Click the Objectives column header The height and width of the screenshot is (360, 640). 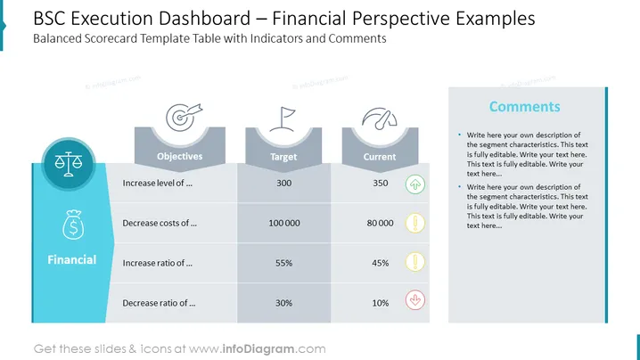pyautogui.click(x=179, y=156)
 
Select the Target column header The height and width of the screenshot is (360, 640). pyautogui.click(x=283, y=157)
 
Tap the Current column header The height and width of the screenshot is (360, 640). pyautogui.click(x=380, y=157)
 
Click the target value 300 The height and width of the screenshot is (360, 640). pyautogui.click(x=284, y=183)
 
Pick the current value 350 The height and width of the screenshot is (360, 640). pyautogui.click(x=381, y=183)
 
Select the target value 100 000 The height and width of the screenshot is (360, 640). pyautogui.click(x=284, y=223)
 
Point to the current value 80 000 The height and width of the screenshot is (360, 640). pyautogui.click(x=380, y=223)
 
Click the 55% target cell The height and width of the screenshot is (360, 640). pyautogui.click(x=283, y=263)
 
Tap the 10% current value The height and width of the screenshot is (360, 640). pyautogui.click(x=381, y=303)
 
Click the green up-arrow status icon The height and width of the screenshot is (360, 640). pyautogui.click(x=415, y=184)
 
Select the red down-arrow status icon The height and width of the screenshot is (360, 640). pyautogui.click(x=415, y=300)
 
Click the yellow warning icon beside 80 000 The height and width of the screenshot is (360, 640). pyautogui.click(x=415, y=224)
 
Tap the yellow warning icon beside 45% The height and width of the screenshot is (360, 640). pyautogui.click(x=415, y=262)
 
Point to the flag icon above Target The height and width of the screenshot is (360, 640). pyautogui.click(x=283, y=119)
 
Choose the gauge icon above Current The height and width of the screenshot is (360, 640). pyautogui.click(x=380, y=119)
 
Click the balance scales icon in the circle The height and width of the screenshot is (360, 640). pyautogui.click(x=69, y=164)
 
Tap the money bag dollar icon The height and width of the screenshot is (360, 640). pyautogui.click(x=73, y=225)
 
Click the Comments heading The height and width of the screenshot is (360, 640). pyautogui.click(x=524, y=107)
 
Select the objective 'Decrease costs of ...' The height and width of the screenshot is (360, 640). pyautogui.click(x=160, y=223)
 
